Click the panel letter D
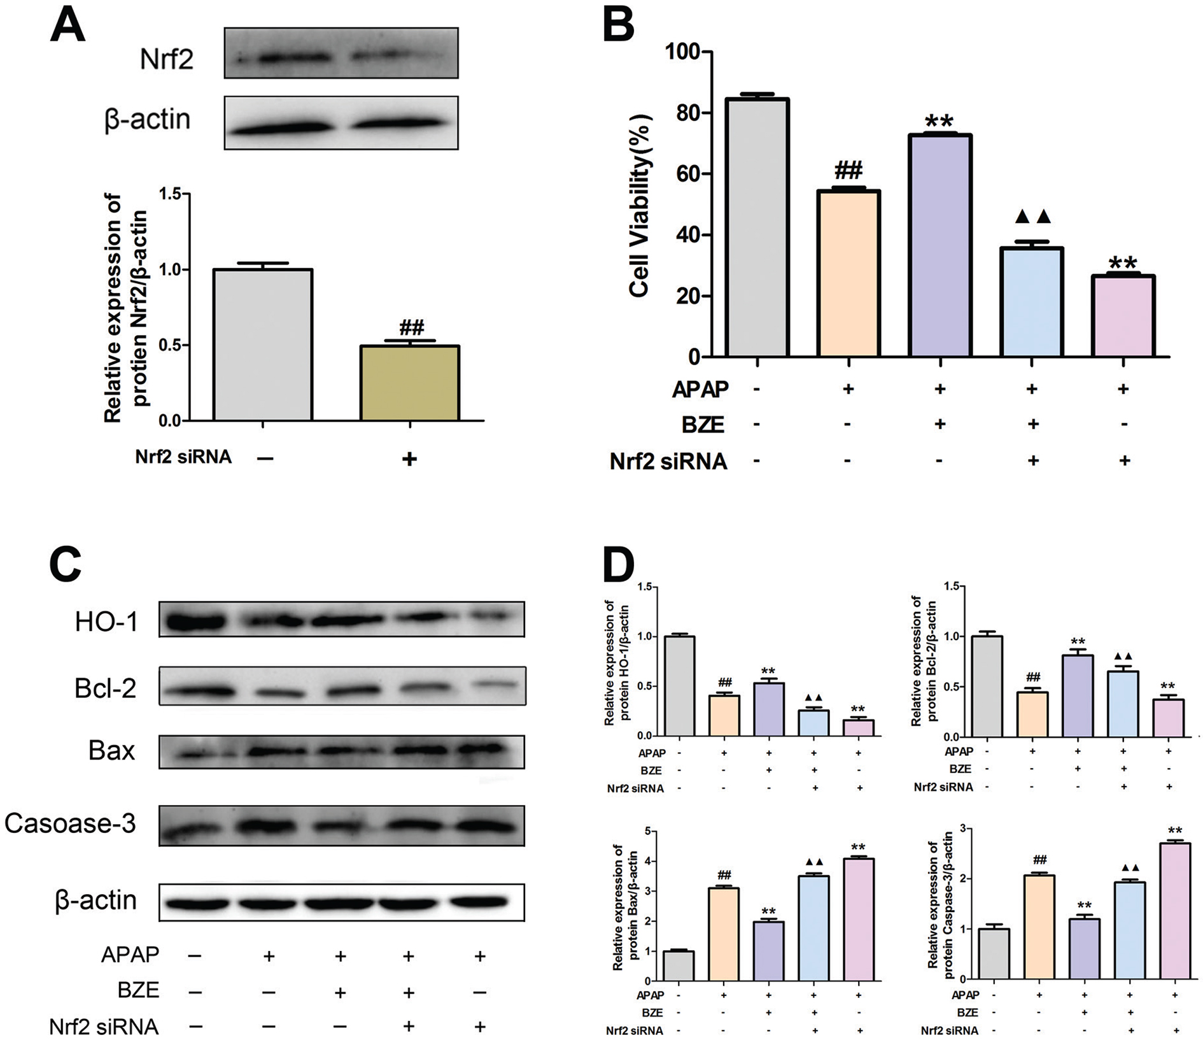pyautogui.click(x=618, y=566)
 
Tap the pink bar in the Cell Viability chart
pyautogui.click(x=1123, y=316)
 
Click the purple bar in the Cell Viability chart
pyautogui.click(x=939, y=245)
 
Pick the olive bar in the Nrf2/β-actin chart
pyautogui.click(x=409, y=383)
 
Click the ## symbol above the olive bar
pyautogui.click(x=411, y=328)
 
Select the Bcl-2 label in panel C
pyautogui.click(x=105, y=688)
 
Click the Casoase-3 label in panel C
pyautogui.click(x=70, y=823)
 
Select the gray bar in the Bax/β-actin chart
pyautogui.click(x=679, y=965)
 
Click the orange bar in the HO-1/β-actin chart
pyautogui.click(x=724, y=715)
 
